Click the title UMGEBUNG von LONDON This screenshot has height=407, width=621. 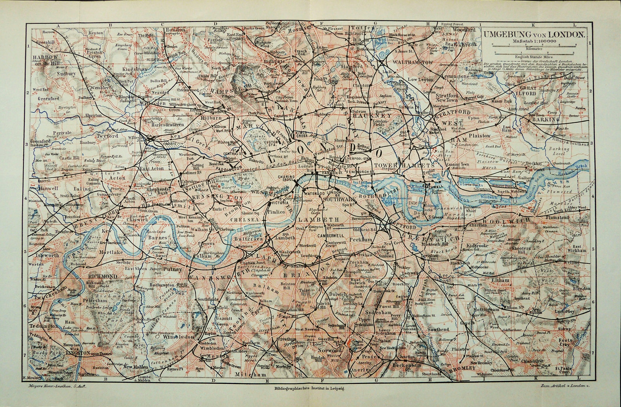pos(534,34)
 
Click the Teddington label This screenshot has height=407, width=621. pos(43,326)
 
